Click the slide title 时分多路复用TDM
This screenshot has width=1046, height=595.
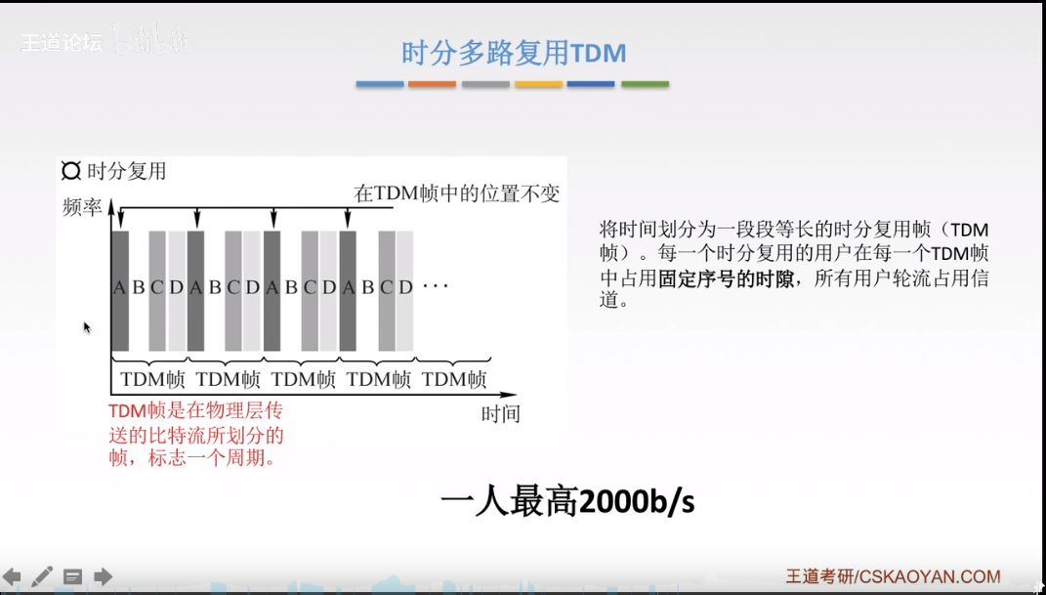(x=514, y=53)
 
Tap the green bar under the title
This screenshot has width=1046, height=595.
(x=645, y=85)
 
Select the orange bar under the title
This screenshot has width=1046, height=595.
(x=432, y=85)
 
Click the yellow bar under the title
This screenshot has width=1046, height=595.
(x=538, y=85)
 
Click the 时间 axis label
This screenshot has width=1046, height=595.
(x=501, y=413)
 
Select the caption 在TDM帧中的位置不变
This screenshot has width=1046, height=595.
(x=457, y=193)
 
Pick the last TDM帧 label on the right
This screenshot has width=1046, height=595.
(x=455, y=379)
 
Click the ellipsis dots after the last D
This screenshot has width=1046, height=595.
(x=435, y=287)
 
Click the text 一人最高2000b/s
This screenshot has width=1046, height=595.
(x=567, y=502)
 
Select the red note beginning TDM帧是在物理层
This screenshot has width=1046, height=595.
(x=196, y=433)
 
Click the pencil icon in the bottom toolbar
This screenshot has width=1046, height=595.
(x=42, y=576)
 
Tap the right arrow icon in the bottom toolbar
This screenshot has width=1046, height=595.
(x=103, y=576)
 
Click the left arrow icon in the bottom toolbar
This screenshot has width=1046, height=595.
(x=12, y=576)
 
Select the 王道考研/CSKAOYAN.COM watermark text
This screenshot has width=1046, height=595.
(x=893, y=576)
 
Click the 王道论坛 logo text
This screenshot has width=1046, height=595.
(x=61, y=43)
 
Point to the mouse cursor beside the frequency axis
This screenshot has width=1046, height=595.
(x=86, y=327)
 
